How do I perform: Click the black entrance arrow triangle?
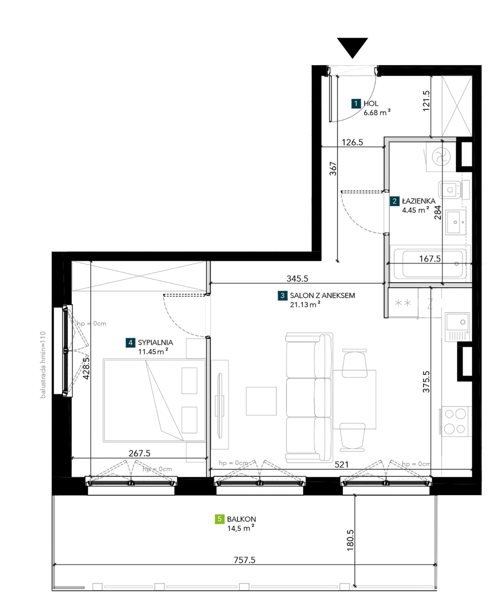tap(353, 46)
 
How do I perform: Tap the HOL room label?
tap(371, 104)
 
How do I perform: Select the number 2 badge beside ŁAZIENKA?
tap(394, 201)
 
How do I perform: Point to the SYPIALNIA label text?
tap(155, 343)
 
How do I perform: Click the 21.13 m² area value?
tap(305, 305)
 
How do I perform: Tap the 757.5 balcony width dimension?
tap(245, 560)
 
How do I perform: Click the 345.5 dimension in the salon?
tap(297, 278)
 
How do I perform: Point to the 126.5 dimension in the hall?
tap(352, 142)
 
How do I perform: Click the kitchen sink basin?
tap(457, 322)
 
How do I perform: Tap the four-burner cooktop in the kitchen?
tap(455, 421)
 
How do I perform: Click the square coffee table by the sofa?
tap(261, 401)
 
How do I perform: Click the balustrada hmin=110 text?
tap(43, 365)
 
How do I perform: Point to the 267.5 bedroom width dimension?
tap(139, 453)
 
